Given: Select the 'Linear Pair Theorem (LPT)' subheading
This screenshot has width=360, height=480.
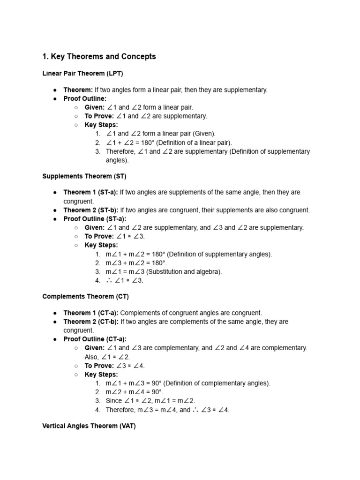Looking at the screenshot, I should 82,74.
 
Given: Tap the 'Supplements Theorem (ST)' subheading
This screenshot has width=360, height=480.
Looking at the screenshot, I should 84,176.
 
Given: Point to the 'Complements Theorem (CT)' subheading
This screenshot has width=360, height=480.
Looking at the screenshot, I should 85,297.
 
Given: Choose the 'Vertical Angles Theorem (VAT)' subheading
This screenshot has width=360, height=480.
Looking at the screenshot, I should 89,426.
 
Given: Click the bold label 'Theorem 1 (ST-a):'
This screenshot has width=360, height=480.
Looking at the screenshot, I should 91,192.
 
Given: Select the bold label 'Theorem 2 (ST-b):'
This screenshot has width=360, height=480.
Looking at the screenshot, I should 91,210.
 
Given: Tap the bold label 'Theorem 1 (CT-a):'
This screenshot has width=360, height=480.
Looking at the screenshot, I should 91,313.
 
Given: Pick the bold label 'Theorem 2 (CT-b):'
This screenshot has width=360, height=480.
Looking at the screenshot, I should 91,322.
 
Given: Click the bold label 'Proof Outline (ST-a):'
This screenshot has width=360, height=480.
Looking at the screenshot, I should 95,219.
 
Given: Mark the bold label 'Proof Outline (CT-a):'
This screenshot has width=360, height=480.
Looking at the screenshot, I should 95,339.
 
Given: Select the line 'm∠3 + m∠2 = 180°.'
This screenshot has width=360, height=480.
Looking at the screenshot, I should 136,263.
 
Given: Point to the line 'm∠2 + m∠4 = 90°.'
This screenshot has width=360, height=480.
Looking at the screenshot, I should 135,392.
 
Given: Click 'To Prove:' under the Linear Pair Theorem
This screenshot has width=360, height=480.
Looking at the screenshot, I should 99,116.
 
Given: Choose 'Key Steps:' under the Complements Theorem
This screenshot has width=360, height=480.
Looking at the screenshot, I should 101,375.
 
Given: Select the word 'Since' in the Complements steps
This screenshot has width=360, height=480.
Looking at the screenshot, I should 114,401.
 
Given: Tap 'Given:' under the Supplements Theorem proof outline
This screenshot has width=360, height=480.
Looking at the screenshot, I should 95,228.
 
